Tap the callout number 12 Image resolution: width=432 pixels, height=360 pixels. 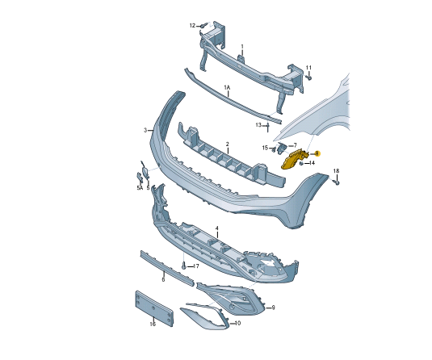pos(193,26)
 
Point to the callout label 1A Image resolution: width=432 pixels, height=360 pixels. pos(227,86)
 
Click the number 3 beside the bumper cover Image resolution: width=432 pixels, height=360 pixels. pos(145,130)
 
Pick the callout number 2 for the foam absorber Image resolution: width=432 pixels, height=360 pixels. pos(228,144)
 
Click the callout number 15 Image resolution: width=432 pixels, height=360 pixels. pos(264,148)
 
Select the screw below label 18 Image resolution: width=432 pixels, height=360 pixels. pos(337,182)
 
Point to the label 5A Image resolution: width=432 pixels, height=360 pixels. pos(139,188)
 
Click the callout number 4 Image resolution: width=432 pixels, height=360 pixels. pos(216,229)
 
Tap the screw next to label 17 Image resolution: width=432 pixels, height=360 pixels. pos(184,266)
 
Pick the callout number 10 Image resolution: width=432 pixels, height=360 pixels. pos(237,324)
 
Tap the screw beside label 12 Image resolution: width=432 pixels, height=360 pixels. pos(203,27)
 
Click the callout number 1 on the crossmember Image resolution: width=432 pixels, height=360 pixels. pos(241,46)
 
